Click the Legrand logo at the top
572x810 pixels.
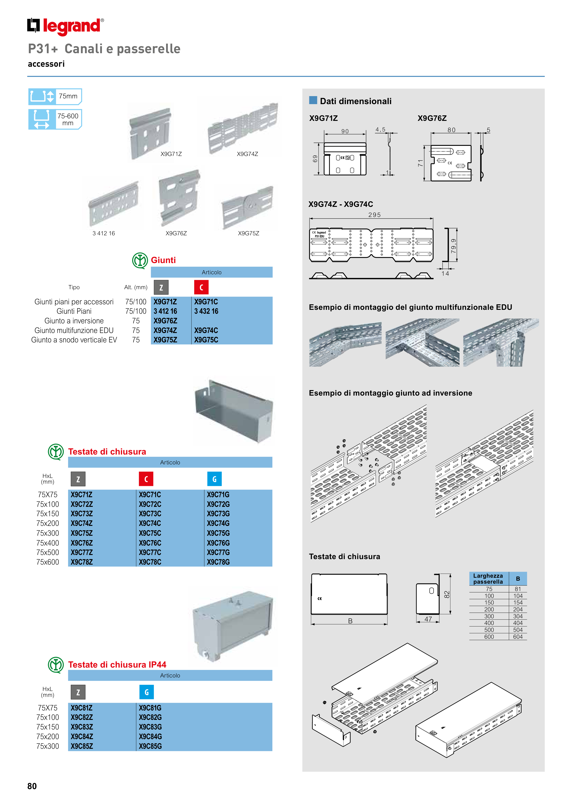click(66, 26)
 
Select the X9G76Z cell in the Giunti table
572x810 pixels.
click(165, 321)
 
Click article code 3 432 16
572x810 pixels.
click(206, 311)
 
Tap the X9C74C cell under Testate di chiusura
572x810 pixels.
click(150, 523)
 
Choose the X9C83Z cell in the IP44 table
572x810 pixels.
click(82, 727)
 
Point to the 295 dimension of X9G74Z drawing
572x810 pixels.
click(374, 215)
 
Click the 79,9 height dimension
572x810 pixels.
click(454, 246)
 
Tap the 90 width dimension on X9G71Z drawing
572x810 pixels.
click(345, 131)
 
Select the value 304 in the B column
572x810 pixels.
click(518, 616)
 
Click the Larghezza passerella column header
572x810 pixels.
click(488, 579)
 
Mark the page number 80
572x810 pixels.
click(32, 786)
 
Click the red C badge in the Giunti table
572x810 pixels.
click(201, 287)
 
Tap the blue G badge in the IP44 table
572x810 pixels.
click(147, 692)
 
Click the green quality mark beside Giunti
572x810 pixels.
click(140, 261)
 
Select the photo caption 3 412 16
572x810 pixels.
click(104, 233)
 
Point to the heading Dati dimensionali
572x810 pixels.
click(356, 101)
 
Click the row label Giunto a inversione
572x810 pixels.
click(74, 321)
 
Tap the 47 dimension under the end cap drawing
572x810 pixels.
click(428, 619)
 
